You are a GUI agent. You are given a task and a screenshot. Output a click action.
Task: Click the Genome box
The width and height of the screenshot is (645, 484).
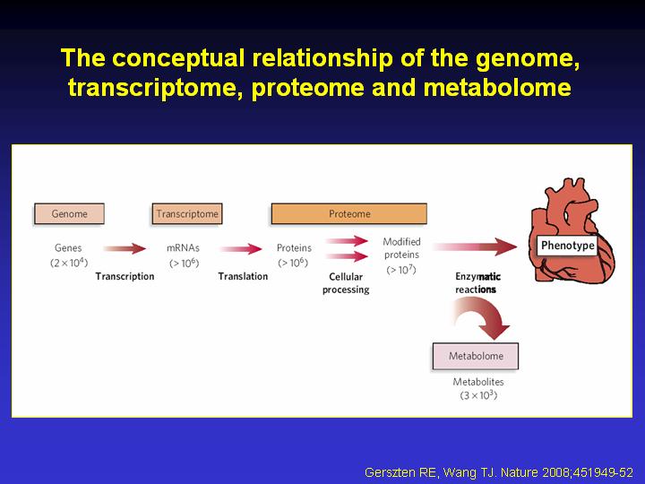pos(69,213)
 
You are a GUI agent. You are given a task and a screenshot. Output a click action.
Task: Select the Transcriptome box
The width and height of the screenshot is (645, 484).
pos(187,213)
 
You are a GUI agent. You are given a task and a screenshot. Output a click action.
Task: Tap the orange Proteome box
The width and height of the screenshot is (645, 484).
pos(348,213)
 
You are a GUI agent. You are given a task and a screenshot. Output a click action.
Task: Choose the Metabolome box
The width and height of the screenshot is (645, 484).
pos(476,356)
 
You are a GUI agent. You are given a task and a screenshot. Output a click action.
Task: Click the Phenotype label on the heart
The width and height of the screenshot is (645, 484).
pos(567,246)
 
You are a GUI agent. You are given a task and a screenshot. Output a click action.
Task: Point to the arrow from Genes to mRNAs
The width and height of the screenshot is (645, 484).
pos(125,248)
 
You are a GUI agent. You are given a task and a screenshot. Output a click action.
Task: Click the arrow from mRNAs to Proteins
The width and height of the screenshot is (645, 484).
pos(241,248)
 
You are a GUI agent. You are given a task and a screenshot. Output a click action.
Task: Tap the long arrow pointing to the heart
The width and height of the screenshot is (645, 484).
pos(475,246)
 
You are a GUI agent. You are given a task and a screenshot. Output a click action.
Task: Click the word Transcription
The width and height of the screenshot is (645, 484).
pos(125,276)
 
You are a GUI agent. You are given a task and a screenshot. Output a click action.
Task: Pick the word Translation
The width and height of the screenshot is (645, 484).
pos(243,276)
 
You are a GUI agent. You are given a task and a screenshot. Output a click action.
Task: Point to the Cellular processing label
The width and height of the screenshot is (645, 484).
pos(346,283)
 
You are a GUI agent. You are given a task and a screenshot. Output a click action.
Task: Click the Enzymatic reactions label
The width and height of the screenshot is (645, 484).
pos(477,283)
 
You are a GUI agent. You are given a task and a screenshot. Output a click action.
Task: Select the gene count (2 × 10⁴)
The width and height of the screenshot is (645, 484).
pos(69,263)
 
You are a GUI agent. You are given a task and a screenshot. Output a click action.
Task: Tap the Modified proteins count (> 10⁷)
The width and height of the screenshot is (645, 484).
pos(401,270)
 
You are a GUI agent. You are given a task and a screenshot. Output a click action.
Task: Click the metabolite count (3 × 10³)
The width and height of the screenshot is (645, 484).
pos(478,395)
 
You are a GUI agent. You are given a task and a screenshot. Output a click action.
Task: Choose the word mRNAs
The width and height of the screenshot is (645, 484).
pos(183,248)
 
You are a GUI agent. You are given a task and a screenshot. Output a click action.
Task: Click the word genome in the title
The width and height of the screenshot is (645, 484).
pos(528,58)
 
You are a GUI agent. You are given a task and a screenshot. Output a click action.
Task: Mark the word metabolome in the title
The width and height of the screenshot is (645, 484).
pos(497,88)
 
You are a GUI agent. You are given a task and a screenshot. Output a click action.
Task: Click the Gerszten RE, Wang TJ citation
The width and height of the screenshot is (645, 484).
pos(499,472)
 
